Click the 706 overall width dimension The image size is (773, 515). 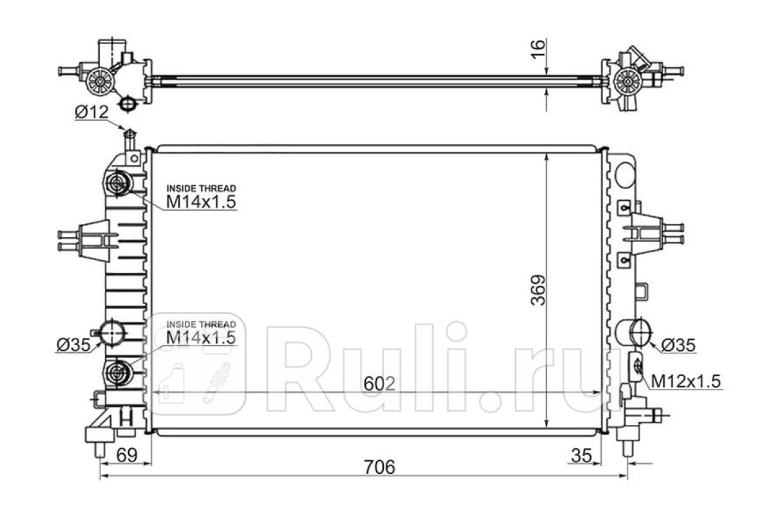coord(379,467)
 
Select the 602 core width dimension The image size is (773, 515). coord(379,384)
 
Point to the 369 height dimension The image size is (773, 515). coord(538,290)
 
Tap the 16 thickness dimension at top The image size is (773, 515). coord(538,50)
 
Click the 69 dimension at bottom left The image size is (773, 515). coord(127,455)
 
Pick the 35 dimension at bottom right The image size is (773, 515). coord(582,455)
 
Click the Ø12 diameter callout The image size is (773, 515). coord(91,112)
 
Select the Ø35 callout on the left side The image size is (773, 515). coord(73,344)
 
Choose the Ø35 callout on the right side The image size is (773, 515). coord(678,345)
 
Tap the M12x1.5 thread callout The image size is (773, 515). coord(685,382)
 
